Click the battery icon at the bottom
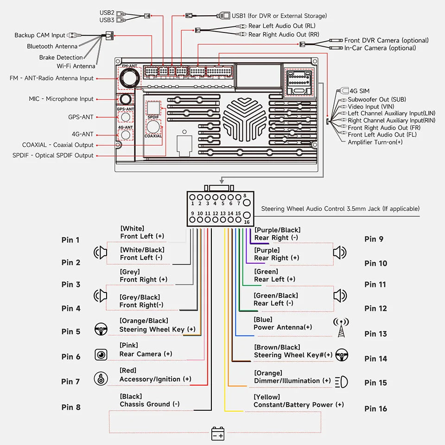coord(218,434)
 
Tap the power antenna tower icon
coord(341,328)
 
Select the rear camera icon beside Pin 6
coord(101,355)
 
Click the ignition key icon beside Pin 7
coord(101,379)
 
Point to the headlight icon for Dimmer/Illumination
coord(342,381)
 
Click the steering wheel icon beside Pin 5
coord(101,329)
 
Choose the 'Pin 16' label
coord(375,409)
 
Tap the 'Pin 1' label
coord(70,240)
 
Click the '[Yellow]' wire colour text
coord(267,397)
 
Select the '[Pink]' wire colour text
coord(129,345)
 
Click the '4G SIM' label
coord(360,91)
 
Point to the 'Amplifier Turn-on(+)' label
coord(375,142)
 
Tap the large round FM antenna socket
coord(130,78)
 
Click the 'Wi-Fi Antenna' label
coord(76,66)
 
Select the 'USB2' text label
coord(107,13)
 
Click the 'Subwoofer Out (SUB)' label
coord(377,99)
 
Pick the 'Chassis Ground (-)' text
coord(150,404)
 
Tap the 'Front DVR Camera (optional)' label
coord(387,40)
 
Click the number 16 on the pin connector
coord(247,222)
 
